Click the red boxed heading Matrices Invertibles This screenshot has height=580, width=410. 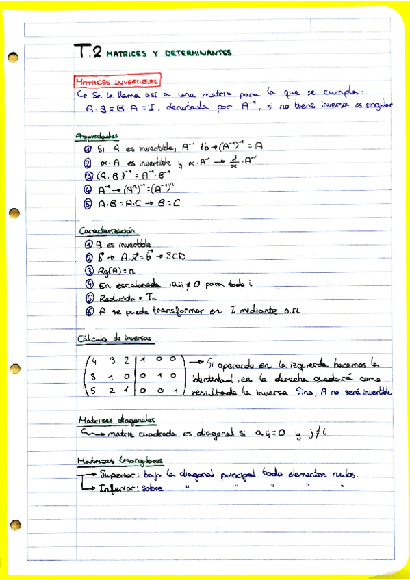[117, 81]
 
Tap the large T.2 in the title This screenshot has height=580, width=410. [89, 51]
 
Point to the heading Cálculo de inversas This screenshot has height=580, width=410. [114, 338]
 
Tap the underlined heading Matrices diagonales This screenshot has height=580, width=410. [117, 419]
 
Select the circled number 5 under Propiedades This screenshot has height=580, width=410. [87, 203]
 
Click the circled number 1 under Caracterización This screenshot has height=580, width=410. [88, 244]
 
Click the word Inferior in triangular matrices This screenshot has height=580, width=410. [118, 489]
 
